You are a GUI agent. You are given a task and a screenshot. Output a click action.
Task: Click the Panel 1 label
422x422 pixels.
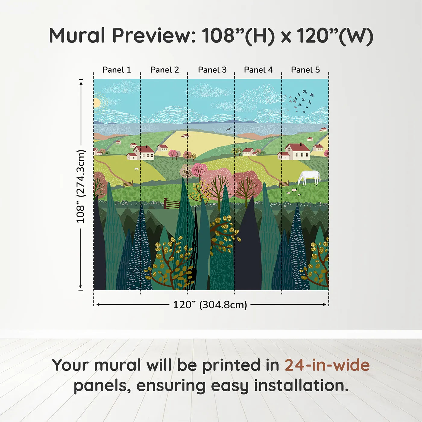tap(117, 70)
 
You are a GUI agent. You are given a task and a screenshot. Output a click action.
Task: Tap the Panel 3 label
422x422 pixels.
tap(212, 70)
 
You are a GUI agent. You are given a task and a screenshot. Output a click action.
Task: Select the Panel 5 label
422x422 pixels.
tap(305, 70)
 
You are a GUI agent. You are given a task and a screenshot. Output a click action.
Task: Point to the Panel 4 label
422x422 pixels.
tap(258, 70)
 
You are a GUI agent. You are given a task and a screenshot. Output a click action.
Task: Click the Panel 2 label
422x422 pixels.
tap(165, 70)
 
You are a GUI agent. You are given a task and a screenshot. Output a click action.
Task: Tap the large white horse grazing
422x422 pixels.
tap(309, 177)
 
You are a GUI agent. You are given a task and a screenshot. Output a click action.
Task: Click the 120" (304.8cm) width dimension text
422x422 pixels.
tap(210, 305)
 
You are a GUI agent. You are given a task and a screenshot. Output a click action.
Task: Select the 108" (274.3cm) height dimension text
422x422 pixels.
tap(80, 186)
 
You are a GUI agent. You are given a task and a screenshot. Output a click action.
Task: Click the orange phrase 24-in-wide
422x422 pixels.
tap(327, 365)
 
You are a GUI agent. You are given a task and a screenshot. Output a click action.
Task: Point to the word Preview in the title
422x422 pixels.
tap(154, 36)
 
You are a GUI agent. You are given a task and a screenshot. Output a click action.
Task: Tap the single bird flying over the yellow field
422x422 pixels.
tap(229, 129)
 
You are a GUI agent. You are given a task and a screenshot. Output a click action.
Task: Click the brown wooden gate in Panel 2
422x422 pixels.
tap(172, 204)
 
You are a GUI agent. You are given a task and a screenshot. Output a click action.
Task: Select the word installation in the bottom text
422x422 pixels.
tap(301, 386)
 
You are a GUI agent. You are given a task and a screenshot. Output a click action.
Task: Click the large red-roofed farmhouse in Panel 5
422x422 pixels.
tap(297, 152)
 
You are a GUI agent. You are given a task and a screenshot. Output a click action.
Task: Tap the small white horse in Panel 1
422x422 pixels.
tap(137, 169)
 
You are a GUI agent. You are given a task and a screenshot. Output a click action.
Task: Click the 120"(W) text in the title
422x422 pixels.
tap(335, 36)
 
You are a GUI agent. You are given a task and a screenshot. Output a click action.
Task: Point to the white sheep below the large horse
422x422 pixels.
tap(294, 190)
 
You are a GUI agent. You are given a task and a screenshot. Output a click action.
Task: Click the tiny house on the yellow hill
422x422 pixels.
tap(185, 136)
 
